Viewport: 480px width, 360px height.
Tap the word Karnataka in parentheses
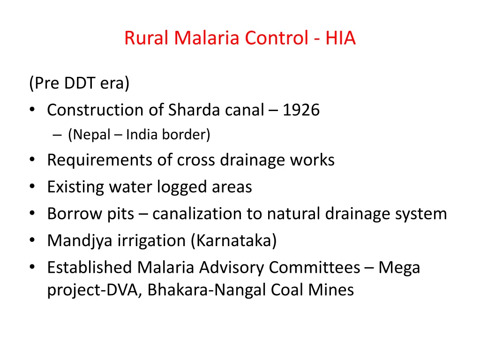233,241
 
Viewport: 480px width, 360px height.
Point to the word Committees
315,268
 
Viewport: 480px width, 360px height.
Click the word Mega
399,268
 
